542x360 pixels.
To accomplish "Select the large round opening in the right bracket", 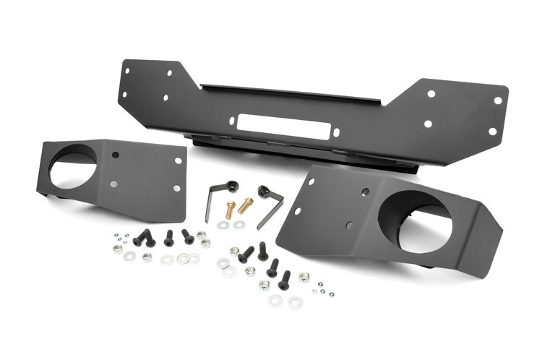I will click(x=416, y=223).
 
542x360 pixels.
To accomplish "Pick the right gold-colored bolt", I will click(x=246, y=205).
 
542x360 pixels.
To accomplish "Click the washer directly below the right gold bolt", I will click(x=239, y=224).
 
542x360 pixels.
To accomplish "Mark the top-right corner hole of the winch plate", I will click(x=498, y=100).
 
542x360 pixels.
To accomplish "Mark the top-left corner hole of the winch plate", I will click(x=129, y=70).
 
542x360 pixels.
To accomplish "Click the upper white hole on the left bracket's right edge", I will click(x=178, y=160).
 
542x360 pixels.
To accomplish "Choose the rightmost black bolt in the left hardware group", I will click(x=187, y=236).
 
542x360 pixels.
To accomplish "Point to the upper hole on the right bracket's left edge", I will click(x=311, y=181).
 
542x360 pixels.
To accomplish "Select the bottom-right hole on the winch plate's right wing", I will click(x=492, y=132).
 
